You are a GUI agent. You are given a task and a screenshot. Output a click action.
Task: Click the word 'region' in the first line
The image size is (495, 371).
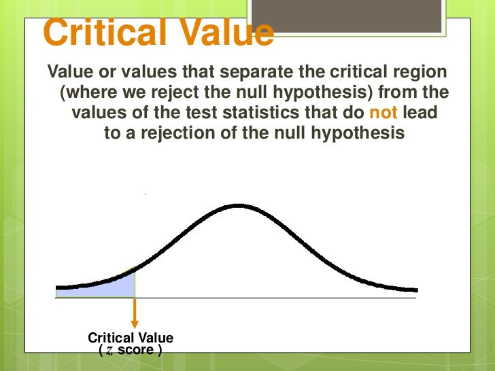[424, 72]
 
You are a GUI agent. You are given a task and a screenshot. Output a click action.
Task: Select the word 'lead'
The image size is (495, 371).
[421, 113]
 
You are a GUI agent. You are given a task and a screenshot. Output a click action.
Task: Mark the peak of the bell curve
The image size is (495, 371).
[237, 205]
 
